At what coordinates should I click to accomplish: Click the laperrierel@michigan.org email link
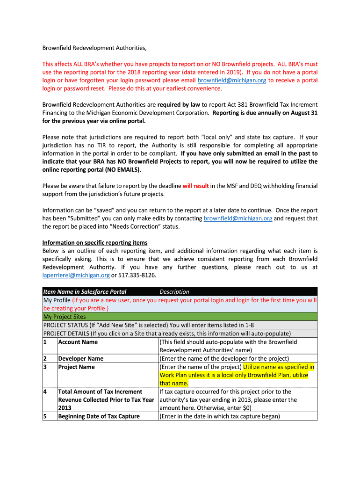coord(76,275)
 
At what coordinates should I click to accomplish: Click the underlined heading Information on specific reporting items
coord(95,243)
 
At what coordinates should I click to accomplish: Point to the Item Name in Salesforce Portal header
coord(85,291)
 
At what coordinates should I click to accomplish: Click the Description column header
coord(174,291)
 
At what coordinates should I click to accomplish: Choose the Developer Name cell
coord(81,358)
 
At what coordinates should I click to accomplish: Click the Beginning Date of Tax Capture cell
coord(99,416)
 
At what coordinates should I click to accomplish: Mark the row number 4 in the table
coord(45,392)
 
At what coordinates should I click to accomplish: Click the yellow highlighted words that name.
coord(174,383)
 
